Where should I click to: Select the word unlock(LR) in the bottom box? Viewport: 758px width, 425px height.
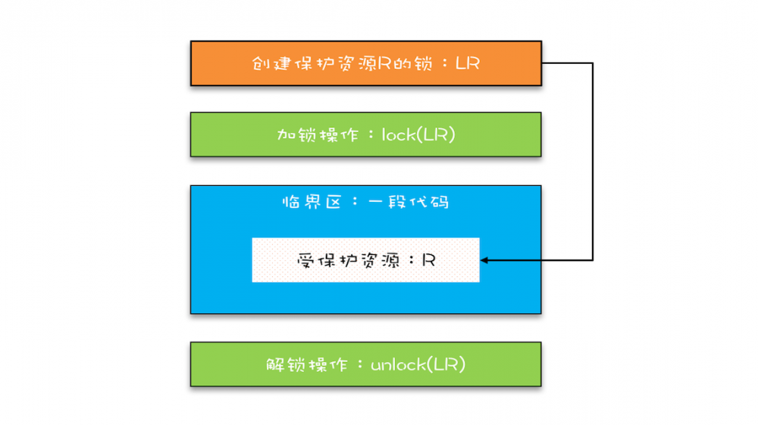click(418, 364)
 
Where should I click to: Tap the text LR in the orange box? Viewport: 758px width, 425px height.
click(468, 63)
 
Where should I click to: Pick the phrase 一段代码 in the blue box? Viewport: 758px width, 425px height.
click(409, 202)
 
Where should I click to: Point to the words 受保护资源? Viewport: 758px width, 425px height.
click(345, 260)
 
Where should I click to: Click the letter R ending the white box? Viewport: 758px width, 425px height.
click(428, 260)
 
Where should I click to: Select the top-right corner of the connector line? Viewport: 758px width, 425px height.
click(592, 63)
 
